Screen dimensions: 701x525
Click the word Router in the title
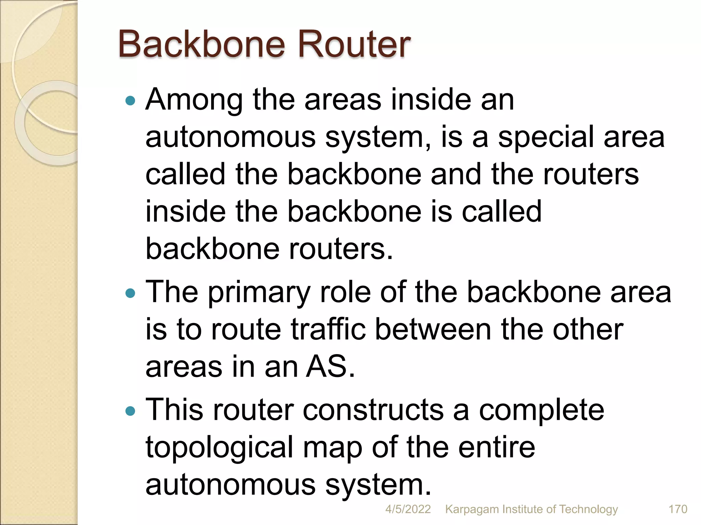point(354,44)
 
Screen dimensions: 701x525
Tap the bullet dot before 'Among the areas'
point(130,101)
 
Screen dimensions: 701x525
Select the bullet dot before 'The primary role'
point(130,293)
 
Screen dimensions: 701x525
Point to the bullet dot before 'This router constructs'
point(130,411)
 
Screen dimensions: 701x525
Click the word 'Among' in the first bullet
point(194,100)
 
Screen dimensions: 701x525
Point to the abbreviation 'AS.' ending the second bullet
point(330,367)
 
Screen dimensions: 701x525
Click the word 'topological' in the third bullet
point(219,448)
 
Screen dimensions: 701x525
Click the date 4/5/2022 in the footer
point(408,509)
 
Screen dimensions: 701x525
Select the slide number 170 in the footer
point(678,509)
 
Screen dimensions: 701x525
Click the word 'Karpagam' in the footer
point(471,510)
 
